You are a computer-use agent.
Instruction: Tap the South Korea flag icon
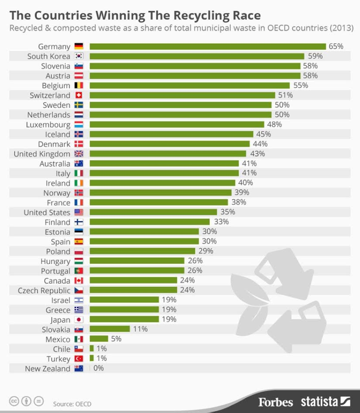point(79,56)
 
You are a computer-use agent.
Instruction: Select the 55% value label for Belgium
point(301,85)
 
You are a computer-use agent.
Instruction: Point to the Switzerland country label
point(50,95)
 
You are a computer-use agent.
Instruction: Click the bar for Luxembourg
point(177,124)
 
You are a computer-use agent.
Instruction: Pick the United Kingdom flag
point(79,154)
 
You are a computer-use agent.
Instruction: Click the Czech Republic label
point(44,290)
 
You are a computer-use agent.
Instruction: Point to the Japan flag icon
point(79,320)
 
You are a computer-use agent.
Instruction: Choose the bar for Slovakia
point(110,329)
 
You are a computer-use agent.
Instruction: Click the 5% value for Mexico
point(116,339)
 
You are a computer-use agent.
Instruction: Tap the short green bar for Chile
point(92,349)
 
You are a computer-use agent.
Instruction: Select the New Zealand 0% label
point(99,368)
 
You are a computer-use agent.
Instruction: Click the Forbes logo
point(275,402)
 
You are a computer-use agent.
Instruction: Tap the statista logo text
point(320,401)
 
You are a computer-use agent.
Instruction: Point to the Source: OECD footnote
point(72,404)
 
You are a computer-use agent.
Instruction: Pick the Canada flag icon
point(79,280)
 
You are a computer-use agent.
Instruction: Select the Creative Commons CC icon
point(14,401)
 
